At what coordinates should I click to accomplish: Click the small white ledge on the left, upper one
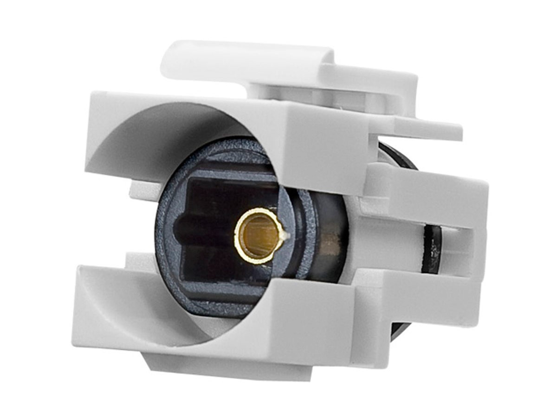[139, 190]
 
